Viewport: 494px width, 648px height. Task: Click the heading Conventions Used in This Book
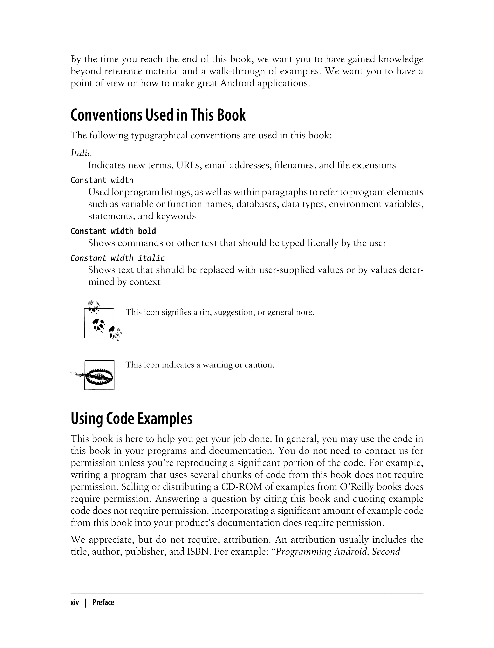(158, 115)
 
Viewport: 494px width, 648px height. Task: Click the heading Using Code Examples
(131, 419)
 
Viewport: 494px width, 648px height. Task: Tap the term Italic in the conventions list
(81, 153)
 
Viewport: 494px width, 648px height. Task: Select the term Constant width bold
(113, 231)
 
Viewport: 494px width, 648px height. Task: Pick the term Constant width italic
(118, 258)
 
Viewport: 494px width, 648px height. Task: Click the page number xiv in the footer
(75, 603)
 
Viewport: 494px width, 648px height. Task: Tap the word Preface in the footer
(103, 603)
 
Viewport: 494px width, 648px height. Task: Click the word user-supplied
(287, 270)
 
